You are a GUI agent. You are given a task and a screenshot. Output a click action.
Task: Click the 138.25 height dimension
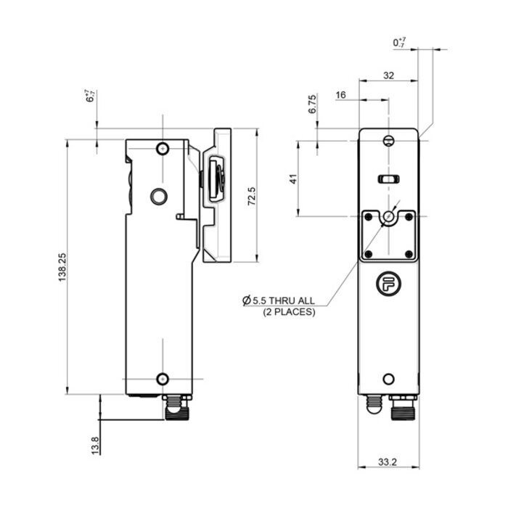pyautogui.click(x=63, y=266)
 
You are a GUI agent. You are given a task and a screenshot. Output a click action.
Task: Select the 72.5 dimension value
pyautogui.click(x=251, y=196)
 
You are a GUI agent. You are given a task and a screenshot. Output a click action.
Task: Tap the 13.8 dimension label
pyautogui.click(x=95, y=443)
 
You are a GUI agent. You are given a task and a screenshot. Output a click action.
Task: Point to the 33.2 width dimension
pyautogui.click(x=388, y=462)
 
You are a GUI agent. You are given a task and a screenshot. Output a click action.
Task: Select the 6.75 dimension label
pyautogui.click(x=312, y=105)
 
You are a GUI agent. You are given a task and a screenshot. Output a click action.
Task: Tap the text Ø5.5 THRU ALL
pyautogui.click(x=279, y=299)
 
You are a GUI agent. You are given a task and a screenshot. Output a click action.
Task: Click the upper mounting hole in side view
pyautogui.click(x=163, y=149)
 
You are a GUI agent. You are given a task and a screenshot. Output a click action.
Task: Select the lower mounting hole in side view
pyautogui.click(x=163, y=378)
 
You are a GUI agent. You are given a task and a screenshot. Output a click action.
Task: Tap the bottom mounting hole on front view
pyautogui.click(x=389, y=379)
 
